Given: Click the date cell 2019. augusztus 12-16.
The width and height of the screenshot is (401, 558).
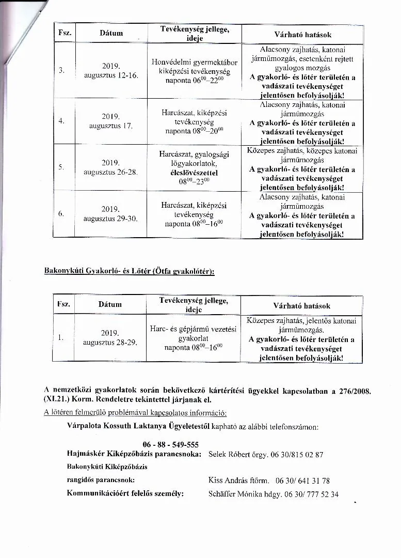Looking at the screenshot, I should click(x=110, y=71).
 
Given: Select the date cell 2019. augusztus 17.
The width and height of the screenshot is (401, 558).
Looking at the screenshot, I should click(x=110, y=121).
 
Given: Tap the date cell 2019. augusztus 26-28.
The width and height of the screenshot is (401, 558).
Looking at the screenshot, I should click(x=110, y=167).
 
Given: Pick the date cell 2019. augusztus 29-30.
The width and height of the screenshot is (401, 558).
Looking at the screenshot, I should click(x=110, y=214).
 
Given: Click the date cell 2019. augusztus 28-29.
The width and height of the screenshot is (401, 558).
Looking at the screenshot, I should click(x=110, y=337).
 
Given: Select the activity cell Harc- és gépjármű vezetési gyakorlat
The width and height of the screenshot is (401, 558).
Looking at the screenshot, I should click(x=194, y=337).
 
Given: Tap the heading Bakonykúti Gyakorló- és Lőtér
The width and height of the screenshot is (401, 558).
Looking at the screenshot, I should click(x=129, y=272).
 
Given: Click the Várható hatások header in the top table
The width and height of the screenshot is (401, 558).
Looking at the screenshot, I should click(x=302, y=35).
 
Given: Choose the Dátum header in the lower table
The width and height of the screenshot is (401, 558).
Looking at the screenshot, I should click(x=110, y=305).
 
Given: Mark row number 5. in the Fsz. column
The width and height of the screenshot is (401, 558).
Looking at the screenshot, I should click(x=62, y=167).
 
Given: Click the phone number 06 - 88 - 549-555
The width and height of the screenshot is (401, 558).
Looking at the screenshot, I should click(x=171, y=445).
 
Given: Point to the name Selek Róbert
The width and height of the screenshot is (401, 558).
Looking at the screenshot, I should click(x=230, y=455).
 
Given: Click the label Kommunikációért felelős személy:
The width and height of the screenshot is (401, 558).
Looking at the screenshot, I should click(x=125, y=493).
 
